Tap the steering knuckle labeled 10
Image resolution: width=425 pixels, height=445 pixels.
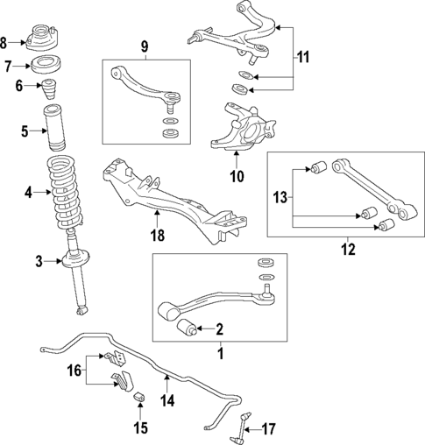click(237, 128)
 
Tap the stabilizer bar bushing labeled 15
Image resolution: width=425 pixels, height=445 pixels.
click(138, 400)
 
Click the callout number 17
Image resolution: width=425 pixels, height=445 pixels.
click(269, 428)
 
